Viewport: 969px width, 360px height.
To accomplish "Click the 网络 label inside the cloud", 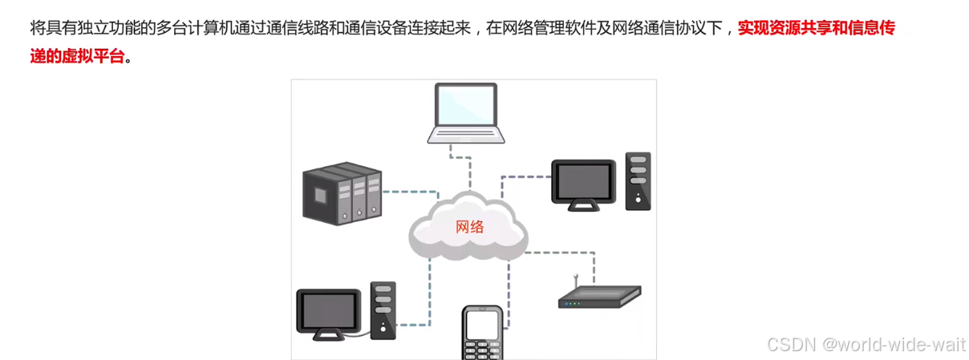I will click(469, 227).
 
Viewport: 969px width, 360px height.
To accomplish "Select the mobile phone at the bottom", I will click(482, 333).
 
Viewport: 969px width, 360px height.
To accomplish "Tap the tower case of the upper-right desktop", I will click(638, 180).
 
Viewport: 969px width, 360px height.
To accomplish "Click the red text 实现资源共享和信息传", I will click(816, 30).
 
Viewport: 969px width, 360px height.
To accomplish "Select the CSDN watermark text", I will click(866, 345).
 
